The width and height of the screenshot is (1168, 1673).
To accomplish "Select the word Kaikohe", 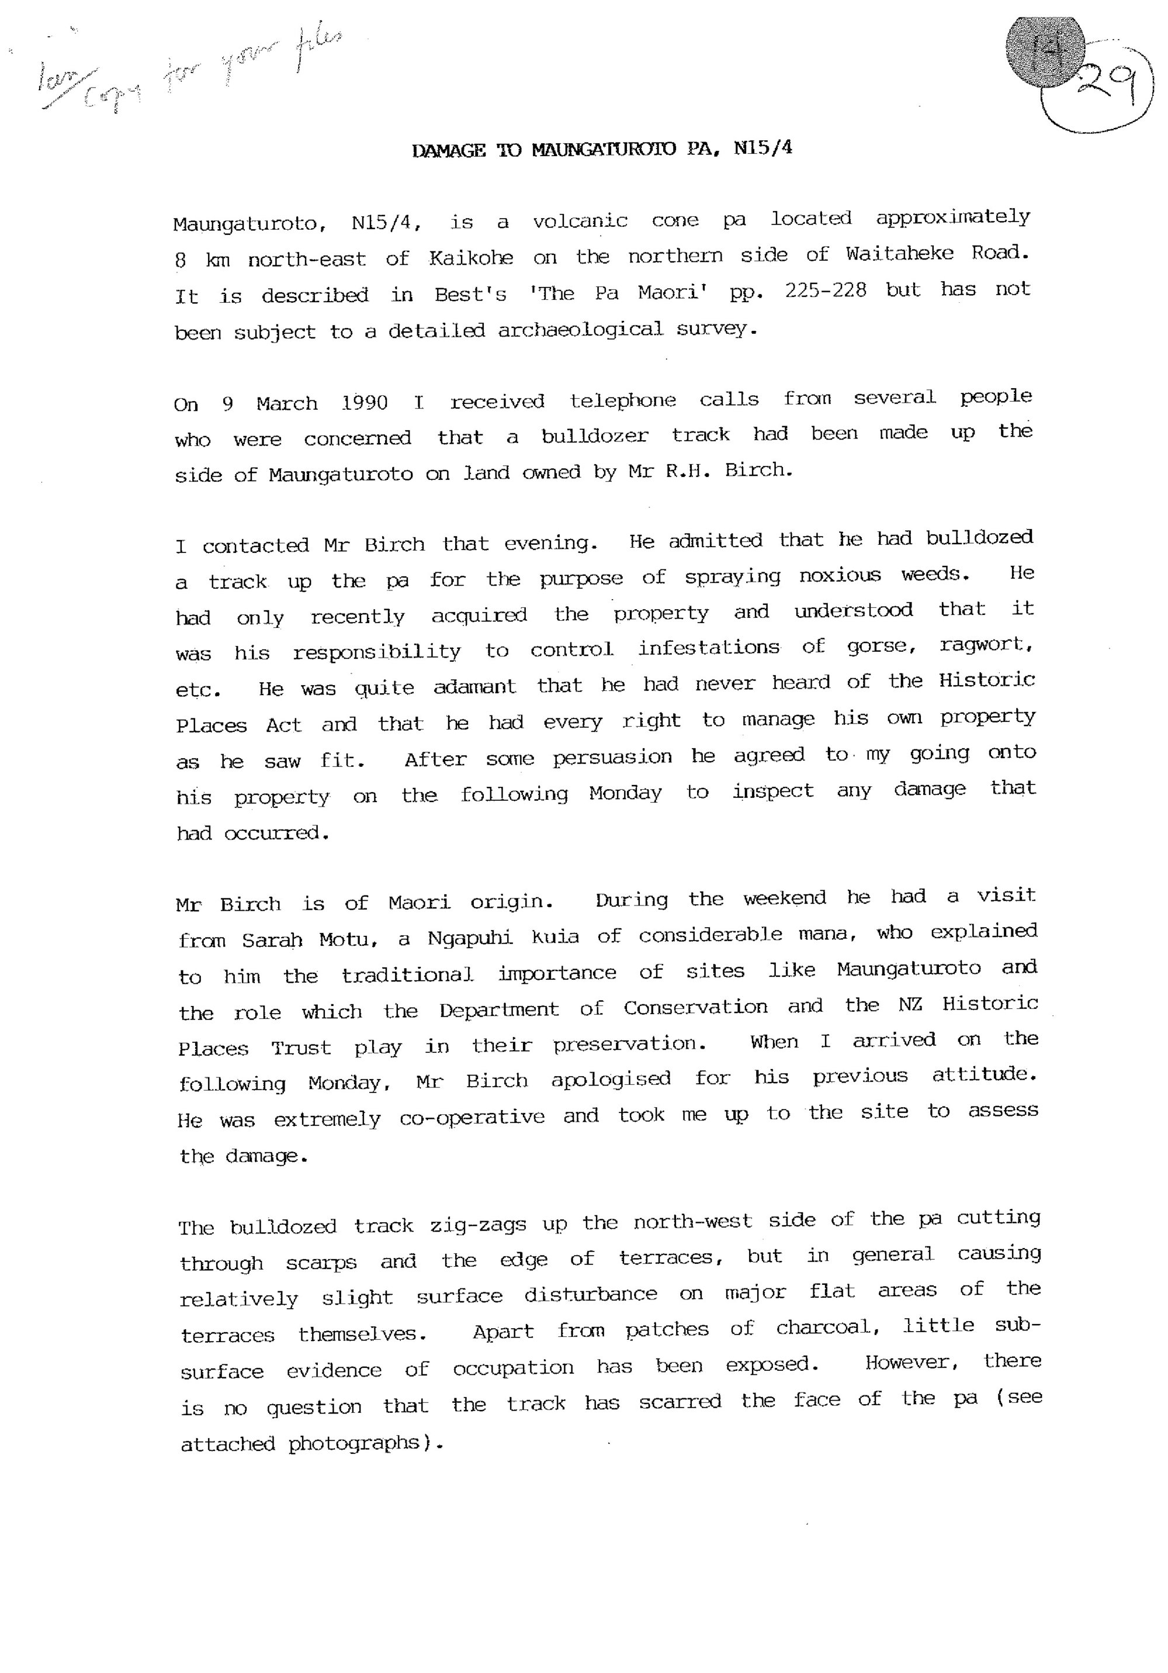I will click(x=470, y=258).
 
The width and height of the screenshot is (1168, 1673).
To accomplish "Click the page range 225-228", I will click(x=826, y=290).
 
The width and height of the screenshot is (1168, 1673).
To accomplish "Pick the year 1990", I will click(x=364, y=403).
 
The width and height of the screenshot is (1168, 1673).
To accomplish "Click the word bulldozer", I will click(x=594, y=435).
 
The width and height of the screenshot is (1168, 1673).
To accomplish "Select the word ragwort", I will click(x=985, y=645).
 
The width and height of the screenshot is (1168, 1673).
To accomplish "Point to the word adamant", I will click(x=475, y=686).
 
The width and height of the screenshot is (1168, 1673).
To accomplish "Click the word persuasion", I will click(x=612, y=758).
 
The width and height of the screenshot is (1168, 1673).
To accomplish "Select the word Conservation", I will click(x=695, y=1007).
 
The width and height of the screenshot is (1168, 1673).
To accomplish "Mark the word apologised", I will click(x=610, y=1079).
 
